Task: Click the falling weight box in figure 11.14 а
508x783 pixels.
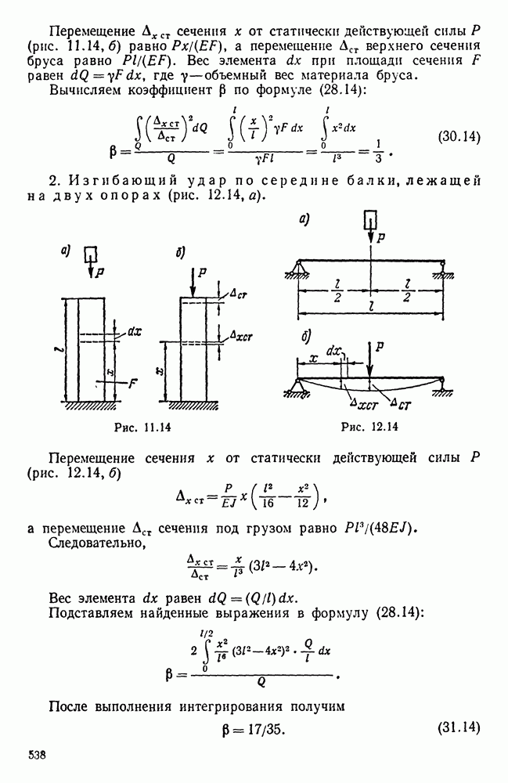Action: point(91,253)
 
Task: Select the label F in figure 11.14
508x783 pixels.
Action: point(134,384)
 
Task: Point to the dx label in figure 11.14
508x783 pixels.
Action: point(133,330)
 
